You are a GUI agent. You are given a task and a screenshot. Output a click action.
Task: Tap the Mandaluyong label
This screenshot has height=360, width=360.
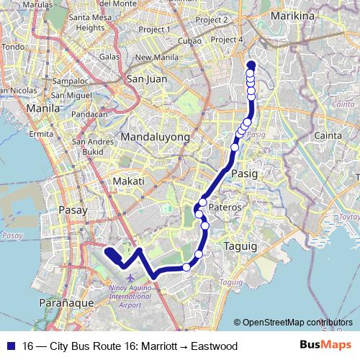pos(155,137)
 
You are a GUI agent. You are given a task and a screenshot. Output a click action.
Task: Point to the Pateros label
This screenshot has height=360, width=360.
pos(225,207)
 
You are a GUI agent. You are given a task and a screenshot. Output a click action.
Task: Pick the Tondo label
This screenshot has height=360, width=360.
pos(13,48)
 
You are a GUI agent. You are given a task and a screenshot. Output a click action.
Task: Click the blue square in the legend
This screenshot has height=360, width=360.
pos(8,346)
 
